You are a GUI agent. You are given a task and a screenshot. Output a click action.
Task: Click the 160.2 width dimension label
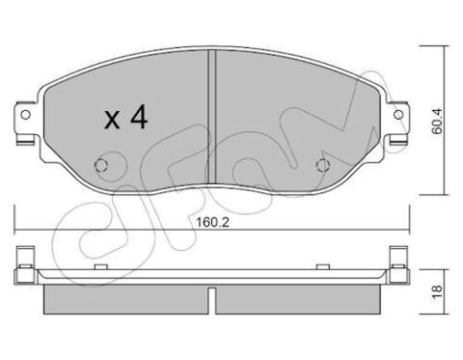coord(212,222)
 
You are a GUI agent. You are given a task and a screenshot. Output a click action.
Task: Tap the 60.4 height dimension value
coord(437,122)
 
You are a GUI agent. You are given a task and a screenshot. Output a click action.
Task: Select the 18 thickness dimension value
coord(437,291)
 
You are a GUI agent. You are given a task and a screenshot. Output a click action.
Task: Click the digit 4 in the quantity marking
coord(139,118)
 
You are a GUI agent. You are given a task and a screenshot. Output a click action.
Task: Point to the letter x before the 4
coord(113,121)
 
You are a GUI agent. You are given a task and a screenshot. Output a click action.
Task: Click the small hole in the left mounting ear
coord(25,114)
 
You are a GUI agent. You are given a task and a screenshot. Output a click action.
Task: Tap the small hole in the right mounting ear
coord(398,114)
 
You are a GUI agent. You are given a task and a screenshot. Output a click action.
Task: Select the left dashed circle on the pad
coord(101,165)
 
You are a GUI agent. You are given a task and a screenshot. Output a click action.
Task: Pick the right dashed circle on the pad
coord(323,165)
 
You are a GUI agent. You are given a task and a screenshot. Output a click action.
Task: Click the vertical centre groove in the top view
coord(211,118)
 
